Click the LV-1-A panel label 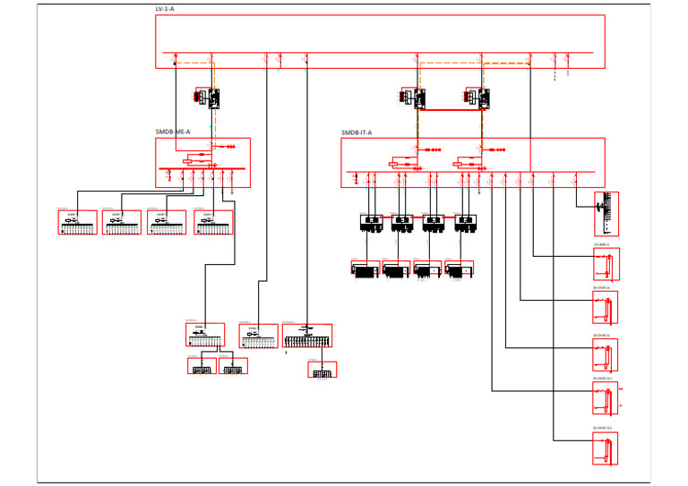click(165, 9)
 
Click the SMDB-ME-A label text click(173, 132)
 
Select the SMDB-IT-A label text click(357, 132)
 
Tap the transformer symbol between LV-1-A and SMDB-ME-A click(208, 97)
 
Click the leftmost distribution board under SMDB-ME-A click(78, 223)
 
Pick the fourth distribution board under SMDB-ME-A click(214, 223)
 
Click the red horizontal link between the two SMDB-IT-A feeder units click(450, 109)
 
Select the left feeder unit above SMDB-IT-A click(414, 98)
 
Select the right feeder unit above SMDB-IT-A click(478, 98)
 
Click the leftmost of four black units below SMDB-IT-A click(371, 223)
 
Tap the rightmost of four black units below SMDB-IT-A click(465, 223)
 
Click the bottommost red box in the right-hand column click(606, 448)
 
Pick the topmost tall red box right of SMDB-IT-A click(606, 214)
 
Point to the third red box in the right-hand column click(606, 354)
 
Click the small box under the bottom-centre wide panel click(322, 370)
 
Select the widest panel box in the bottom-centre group click(307, 337)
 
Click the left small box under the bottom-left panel click(202, 366)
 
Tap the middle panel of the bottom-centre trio click(258, 336)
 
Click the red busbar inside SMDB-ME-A click(202, 168)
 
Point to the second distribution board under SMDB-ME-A click(122, 223)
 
